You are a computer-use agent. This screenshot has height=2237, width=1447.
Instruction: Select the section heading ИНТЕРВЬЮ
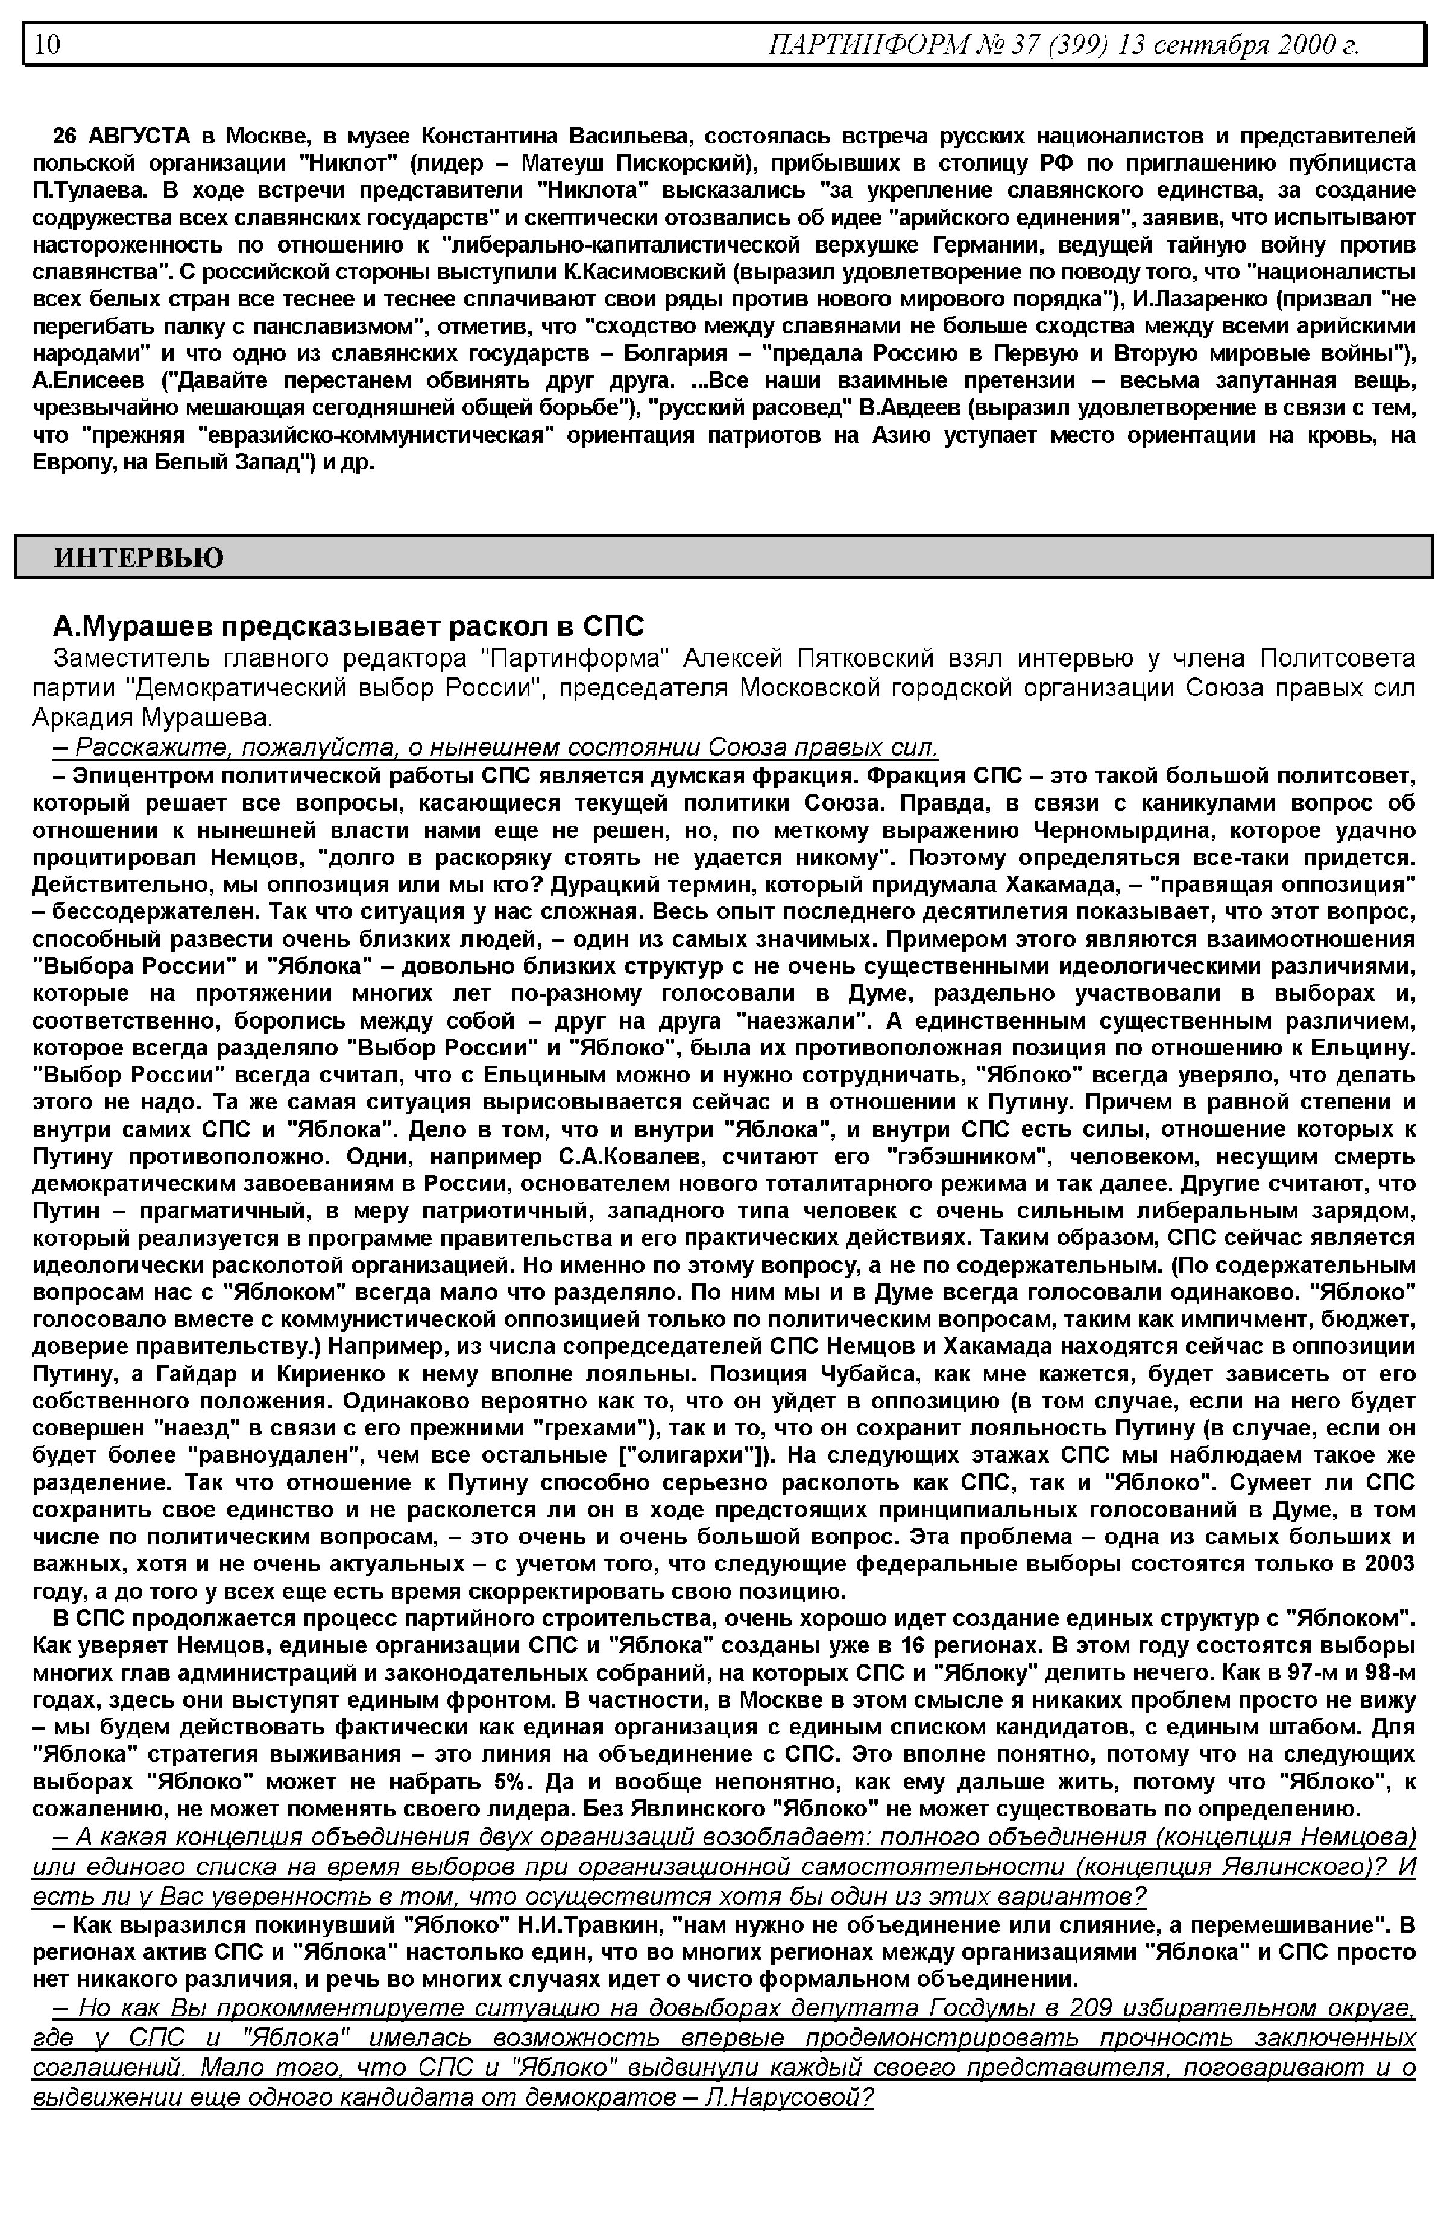pos(139,558)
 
